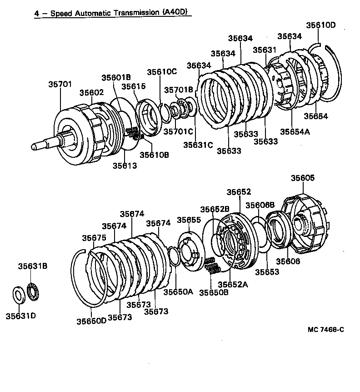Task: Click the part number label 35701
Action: pos(60,84)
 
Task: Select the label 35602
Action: pos(92,92)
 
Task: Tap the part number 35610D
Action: pos(320,25)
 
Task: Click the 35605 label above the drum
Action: pos(303,178)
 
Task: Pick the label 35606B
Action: pos(260,205)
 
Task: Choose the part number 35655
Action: pos(189,220)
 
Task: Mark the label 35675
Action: pos(94,238)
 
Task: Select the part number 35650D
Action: pos(91,320)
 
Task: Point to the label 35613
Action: pos(125,166)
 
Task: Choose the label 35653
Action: pos(267,272)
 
